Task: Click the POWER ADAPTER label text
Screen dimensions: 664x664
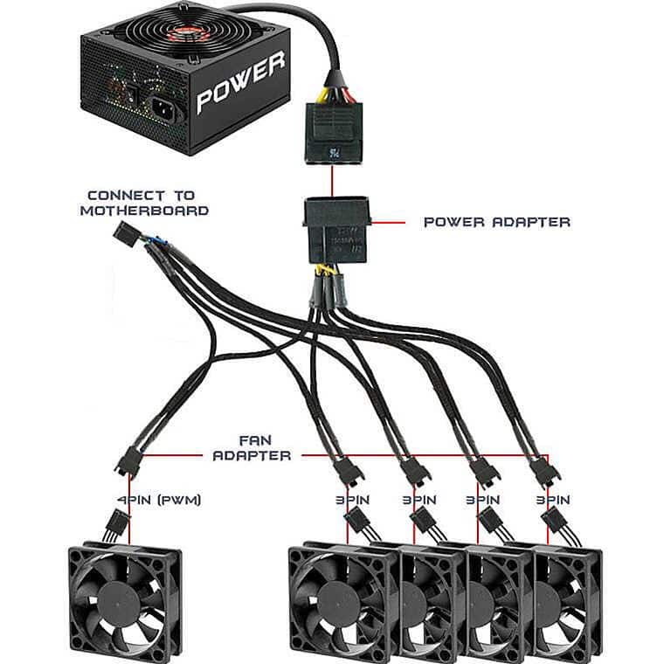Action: coord(496,222)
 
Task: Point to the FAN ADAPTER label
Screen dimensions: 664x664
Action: coord(252,447)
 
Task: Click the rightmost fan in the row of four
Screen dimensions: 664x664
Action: coord(568,594)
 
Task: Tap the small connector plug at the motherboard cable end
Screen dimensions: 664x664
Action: coord(127,232)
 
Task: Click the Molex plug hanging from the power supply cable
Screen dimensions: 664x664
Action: coord(332,131)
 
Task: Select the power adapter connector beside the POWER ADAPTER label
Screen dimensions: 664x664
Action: coord(335,230)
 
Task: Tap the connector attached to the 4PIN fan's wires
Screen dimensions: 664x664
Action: coord(114,527)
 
